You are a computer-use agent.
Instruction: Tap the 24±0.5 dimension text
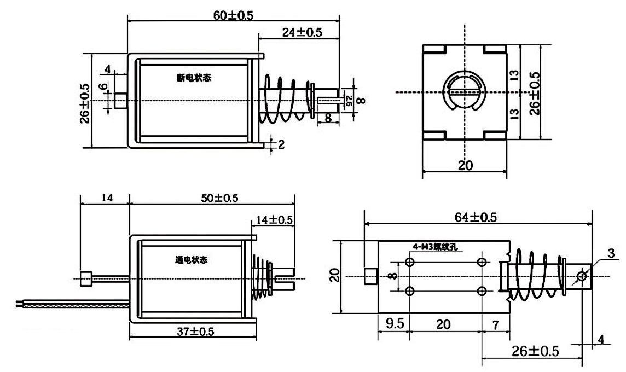(x=302, y=32)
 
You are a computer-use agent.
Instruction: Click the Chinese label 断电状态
(x=194, y=78)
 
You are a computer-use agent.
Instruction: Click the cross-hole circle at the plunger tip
(x=581, y=277)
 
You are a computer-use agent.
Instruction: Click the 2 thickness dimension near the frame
(x=281, y=144)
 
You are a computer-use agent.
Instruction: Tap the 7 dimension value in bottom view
(x=495, y=324)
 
